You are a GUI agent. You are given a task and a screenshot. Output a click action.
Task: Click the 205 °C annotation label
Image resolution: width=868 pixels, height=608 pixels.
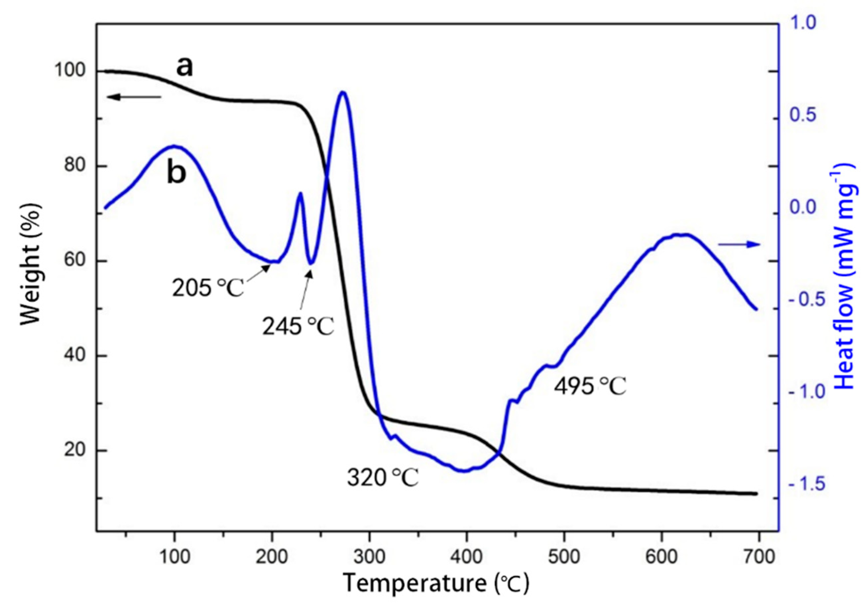pyautogui.click(x=208, y=289)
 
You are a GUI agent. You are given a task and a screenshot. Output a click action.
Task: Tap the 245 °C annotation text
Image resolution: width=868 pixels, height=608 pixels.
pyautogui.click(x=298, y=326)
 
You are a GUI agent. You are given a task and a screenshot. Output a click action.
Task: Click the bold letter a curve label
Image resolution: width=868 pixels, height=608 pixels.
pyautogui.click(x=185, y=67)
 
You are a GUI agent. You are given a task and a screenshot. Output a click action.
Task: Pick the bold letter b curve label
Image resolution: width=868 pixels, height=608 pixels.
pyautogui.click(x=177, y=174)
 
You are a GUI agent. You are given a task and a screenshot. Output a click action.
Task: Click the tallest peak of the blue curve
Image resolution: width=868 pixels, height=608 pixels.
pyautogui.click(x=342, y=92)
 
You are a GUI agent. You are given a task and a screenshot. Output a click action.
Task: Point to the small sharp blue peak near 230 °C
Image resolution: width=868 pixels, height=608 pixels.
pyautogui.click(x=300, y=193)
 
